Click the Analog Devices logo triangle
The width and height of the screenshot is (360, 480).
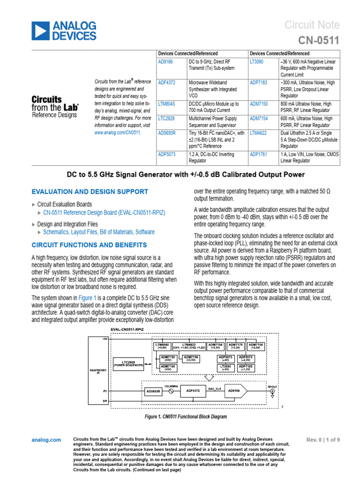(40, 30)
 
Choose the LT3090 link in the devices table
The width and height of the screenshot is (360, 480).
(257, 61)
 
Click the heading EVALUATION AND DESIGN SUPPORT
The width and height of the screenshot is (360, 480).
(90, 192)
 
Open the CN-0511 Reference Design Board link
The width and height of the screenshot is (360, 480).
(104, 212)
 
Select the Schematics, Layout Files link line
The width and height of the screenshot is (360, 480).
(98, 232)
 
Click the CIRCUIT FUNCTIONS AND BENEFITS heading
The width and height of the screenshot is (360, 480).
(89, 245)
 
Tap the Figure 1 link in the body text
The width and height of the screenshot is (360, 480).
(88, 298)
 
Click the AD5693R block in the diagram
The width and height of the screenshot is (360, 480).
(153, 390)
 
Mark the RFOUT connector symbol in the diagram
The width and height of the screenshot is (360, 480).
(273, 390)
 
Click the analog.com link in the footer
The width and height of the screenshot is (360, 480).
(46, 440)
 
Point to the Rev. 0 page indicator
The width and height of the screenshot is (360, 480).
(323, 440)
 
